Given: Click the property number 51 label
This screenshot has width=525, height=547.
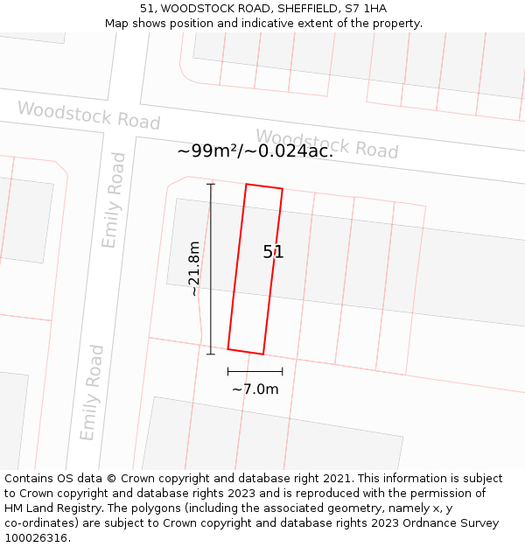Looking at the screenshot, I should [x=274, y=252].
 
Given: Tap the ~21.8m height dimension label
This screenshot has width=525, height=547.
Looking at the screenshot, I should [x=194, y=269].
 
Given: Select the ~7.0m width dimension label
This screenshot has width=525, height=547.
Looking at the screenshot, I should [x=255, y=389].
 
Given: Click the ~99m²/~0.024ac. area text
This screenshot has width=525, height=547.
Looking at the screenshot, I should [x=255, y=151].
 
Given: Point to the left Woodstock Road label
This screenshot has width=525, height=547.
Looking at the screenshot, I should [x=88, y=116].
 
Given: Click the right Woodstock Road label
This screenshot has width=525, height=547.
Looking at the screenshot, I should [x=326, y=144].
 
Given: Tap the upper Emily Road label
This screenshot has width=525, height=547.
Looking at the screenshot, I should [x=114, y=200].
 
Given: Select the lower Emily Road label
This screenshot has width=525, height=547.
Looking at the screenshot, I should [x=92, y=393].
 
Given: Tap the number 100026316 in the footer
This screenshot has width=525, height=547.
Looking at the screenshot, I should [x=35, y=538].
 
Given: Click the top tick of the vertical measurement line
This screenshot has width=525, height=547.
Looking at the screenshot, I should [x=210, y=184].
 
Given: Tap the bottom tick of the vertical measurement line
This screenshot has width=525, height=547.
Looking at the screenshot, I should [x=210, y=354].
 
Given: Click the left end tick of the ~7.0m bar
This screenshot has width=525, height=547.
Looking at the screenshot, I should [x=227, y=372].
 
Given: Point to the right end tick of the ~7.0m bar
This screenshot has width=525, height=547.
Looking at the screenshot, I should [x=282, y=372].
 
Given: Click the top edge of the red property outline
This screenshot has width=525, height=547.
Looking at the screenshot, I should [x=264, y=186].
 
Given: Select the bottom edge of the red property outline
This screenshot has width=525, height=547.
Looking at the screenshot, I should [x=246, y=352].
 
